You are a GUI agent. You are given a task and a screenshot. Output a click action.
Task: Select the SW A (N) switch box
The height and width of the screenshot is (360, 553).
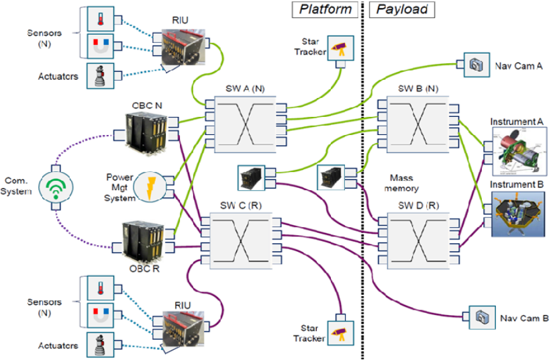244,123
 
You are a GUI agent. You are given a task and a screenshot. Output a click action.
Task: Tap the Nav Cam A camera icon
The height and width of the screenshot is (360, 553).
476,65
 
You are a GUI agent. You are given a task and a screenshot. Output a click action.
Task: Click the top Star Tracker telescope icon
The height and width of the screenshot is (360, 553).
340,48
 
